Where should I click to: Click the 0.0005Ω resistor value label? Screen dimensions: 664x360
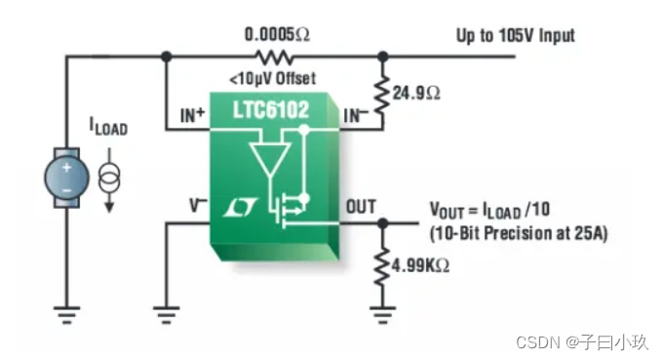pos(277,34)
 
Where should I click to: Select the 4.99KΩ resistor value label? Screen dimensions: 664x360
pos(420,266)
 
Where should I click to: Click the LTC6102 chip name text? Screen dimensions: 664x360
pos(271,109)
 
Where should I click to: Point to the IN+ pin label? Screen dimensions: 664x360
pos(193,115)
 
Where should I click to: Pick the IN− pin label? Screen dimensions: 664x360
pos(356,115)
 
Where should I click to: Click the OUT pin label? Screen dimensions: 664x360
pos(361,207)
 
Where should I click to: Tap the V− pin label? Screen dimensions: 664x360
pos(198,206)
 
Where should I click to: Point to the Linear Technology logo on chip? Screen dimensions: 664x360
pos(240,208)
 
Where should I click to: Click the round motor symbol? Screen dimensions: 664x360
pos(67,178)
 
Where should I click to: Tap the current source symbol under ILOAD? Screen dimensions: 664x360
pos(109,179)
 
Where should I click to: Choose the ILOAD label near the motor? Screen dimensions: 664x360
pos(108,126)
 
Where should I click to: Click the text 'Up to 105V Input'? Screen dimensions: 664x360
pos(516,35)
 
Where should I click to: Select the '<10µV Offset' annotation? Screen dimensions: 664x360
pos(273,78)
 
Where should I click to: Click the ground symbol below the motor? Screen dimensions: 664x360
pos(66,315)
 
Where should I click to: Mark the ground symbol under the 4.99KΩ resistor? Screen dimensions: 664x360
pos(382,315)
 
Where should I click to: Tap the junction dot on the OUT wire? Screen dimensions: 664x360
pos(382,222)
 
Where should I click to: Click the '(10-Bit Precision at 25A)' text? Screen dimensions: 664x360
pos(519,233)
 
